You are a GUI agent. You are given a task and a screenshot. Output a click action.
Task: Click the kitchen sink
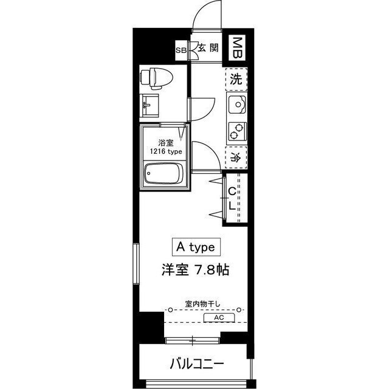coord(236,107)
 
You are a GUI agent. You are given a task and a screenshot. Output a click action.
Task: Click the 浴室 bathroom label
coord(157,142)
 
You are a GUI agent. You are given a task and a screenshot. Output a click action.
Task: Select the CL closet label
coord(232,199)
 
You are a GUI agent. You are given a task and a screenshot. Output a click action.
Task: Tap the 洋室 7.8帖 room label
coord(194,270)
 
